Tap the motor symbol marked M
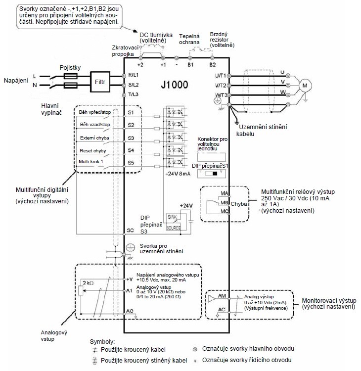304,85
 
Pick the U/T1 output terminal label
220,75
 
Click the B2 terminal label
213,65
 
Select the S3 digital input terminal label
131,138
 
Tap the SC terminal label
131,231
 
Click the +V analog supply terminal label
130,279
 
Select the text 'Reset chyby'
92,150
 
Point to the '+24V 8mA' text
178,174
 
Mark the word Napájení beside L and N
16,81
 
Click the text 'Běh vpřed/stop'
95,112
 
